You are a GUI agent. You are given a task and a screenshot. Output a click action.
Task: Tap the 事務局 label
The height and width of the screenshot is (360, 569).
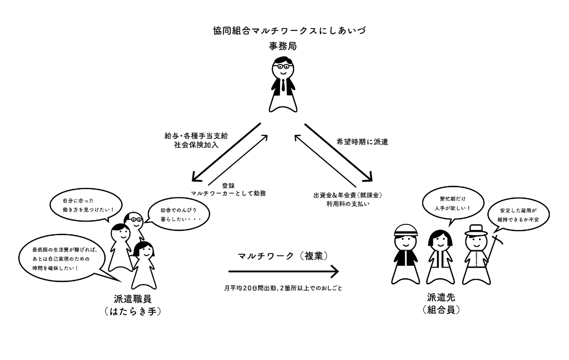click(283, 46)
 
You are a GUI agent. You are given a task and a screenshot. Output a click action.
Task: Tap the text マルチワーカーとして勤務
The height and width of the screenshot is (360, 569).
click(228, 193)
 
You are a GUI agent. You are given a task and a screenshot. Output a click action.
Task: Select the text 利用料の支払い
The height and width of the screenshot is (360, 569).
click(347, 203)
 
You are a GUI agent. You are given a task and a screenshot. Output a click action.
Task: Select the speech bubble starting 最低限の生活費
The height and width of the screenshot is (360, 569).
click(60, 259)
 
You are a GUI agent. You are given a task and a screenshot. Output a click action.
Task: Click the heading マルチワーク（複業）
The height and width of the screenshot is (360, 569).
click(282, 256)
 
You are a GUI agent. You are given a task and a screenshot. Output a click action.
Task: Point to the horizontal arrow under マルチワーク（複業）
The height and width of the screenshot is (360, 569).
click(283, 271)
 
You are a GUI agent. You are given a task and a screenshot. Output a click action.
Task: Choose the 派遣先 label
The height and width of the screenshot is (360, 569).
click(440, 297)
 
